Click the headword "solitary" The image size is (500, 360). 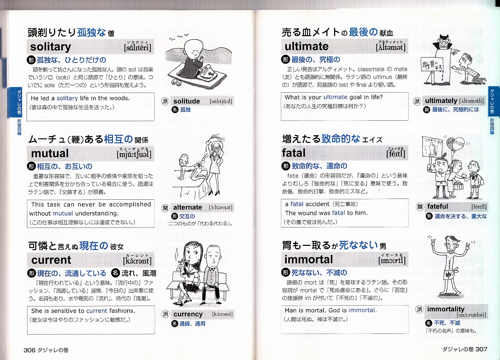click(50, 47)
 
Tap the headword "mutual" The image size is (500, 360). click(50, 154)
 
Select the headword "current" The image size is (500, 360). click(51, 260)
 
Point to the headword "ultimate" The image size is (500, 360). click(307, 46)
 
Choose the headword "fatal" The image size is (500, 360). click(293, 153)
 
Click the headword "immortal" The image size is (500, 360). click(309, 260)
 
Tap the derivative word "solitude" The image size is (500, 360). click(187, 101)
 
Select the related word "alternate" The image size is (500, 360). click(187, 207)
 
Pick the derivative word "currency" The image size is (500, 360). click(188, 314)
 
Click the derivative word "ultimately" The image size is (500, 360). click(441, 101)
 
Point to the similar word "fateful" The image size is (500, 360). click(437, 206)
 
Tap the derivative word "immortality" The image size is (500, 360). click(446, 309)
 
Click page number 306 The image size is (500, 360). click(29, 350)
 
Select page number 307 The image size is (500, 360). click(481, 349)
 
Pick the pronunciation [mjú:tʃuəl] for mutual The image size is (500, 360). click(134, 154)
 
